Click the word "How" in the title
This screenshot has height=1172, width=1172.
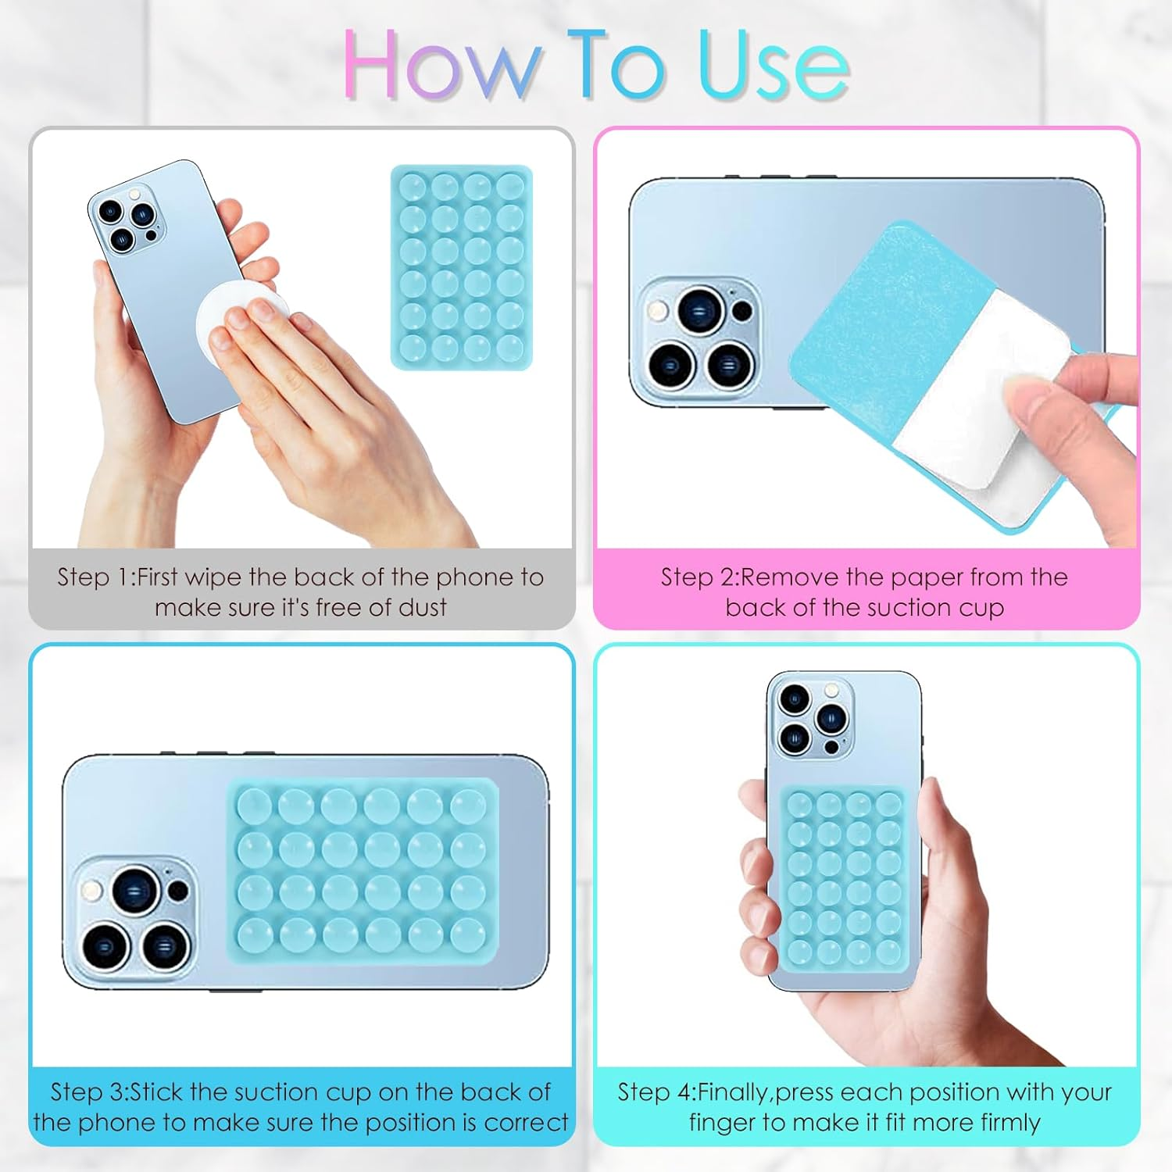pos(441,66)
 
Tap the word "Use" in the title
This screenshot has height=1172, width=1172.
pos(774,66)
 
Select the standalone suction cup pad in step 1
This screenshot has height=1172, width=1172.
pos(461,267)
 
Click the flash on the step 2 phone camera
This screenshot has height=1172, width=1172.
pos(657,312)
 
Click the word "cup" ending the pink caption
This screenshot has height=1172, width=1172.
pos(981,608)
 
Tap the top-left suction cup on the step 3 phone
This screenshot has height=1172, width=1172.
pos(253,805)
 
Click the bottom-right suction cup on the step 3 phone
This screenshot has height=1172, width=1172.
pos(468,934)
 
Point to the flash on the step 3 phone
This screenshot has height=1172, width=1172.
pos(91,890)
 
